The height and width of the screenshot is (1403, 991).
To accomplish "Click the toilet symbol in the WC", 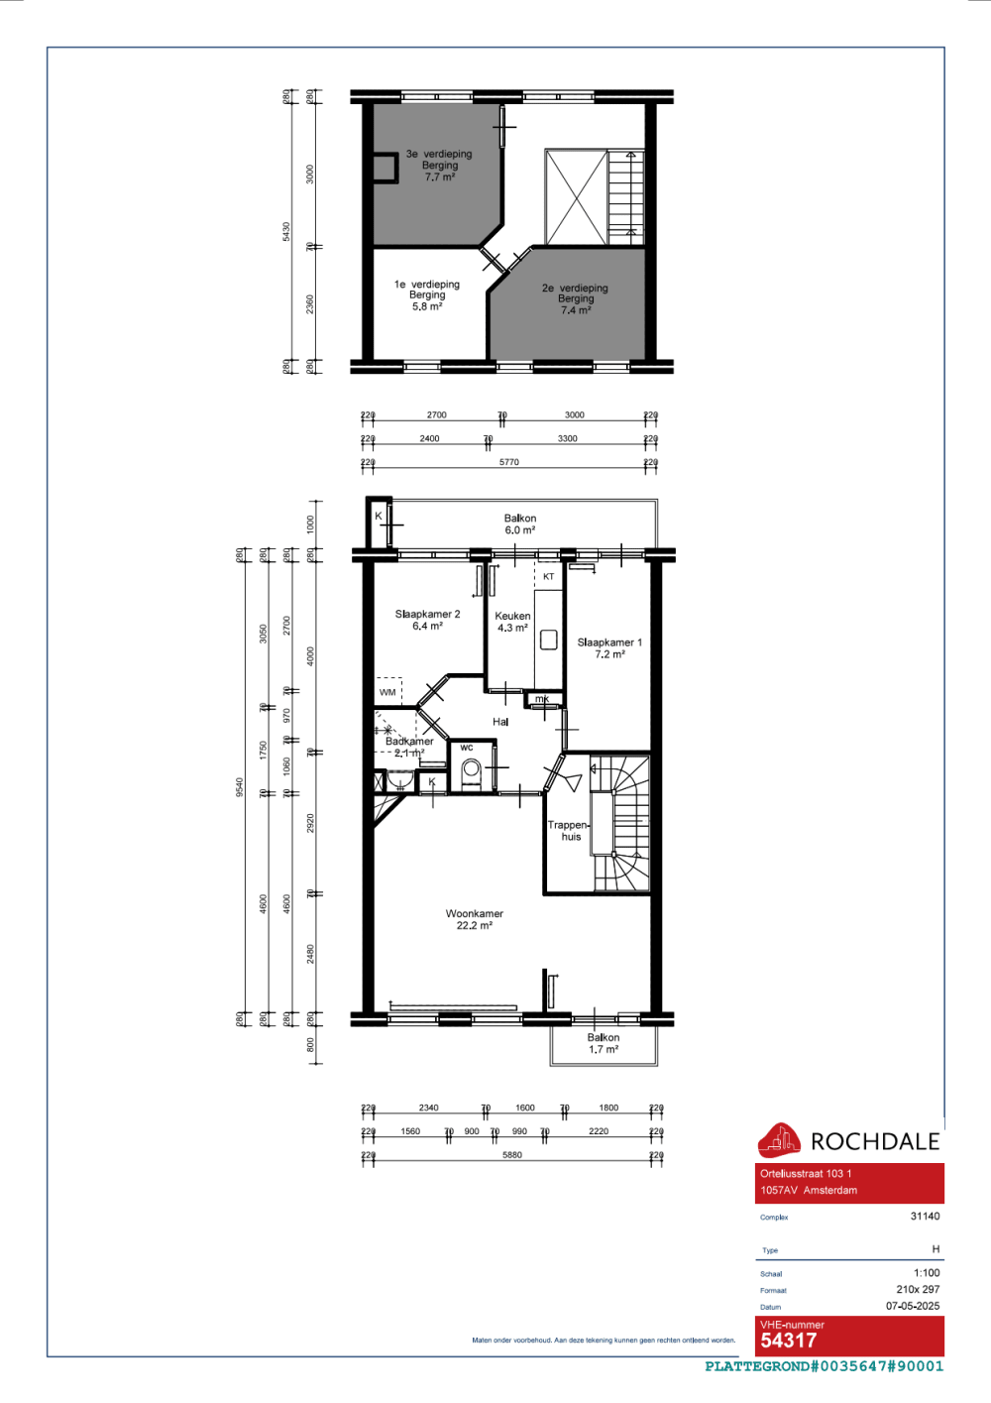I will click(472, 769).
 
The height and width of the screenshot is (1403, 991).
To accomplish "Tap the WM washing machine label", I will click(387, 692).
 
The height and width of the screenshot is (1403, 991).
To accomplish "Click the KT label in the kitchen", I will click(548, 576).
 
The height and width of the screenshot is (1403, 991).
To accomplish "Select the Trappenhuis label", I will click(569, 830).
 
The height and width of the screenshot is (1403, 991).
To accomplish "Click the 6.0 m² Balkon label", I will click(520, 524).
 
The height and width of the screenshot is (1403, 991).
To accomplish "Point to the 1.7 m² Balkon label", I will click(603, 1043).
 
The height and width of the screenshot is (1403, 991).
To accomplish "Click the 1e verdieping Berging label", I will click(427, 295).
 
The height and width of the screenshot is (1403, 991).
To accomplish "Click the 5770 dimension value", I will click(508, 462).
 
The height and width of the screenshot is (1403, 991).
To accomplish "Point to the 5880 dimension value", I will click(511, 1154).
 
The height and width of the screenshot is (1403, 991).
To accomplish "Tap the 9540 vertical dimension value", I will click(240, 786).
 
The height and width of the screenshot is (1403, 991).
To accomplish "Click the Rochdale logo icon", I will click(779, 1140).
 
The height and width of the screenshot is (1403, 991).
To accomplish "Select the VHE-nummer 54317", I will click(789, 1341).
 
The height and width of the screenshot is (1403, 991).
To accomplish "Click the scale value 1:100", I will click(927, 1273).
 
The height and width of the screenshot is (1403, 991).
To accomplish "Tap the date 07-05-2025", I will click(913, 1306).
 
